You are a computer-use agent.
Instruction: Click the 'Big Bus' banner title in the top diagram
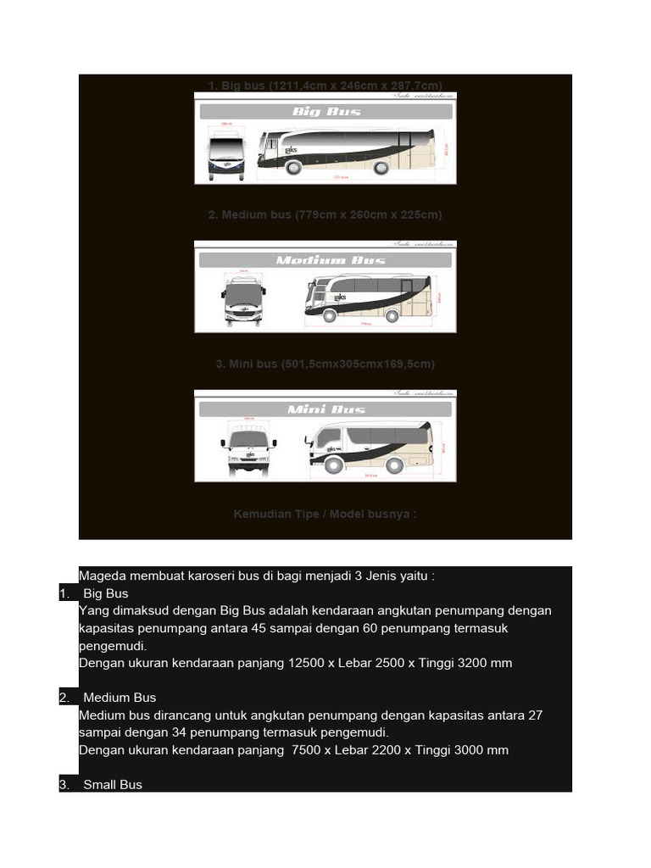(x=326, y=111)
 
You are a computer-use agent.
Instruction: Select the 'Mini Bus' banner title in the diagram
(x=326, y=409)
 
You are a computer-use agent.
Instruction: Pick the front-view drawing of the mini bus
(x=248, y=449)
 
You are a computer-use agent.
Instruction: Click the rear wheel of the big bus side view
(x=381, y=167)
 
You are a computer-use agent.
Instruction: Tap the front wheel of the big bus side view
(x=293, y=167)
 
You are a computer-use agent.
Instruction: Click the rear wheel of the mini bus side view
(x=394, y=465)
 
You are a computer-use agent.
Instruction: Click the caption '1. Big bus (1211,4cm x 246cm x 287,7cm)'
(x=325, y=86)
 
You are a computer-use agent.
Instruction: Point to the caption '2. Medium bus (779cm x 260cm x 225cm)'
(x=325, y=215)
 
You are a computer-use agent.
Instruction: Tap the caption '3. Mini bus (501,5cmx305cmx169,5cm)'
(x=325, y=364)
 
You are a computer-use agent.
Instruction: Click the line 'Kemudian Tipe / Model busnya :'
(x=325, y=514)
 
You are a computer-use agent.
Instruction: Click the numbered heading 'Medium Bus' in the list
(x=120, y=698)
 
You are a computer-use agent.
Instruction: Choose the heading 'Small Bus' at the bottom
(x=113, y=785)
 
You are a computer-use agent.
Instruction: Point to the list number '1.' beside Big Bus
(x=65, y=593)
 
